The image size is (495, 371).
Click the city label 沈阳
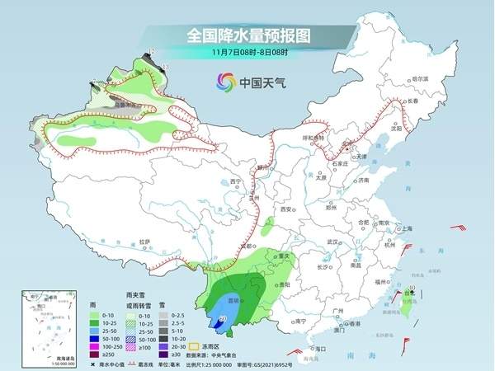tap(398, 128)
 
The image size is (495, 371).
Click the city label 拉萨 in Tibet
tap(145, 242)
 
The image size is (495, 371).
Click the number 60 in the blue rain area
tap(223, 318)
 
